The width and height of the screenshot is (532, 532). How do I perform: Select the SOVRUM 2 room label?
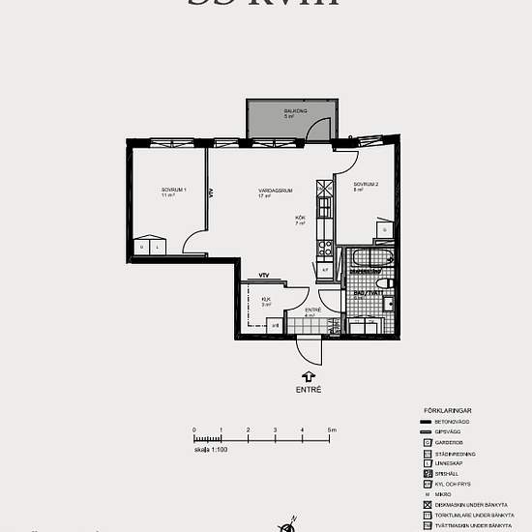coord(365,186)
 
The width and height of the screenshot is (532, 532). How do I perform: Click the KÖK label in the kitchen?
coord(300,220)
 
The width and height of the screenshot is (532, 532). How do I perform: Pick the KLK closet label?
coord(266,301)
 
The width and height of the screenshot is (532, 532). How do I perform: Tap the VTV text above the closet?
coord(263,277)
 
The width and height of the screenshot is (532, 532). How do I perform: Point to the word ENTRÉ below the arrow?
coord(309,390)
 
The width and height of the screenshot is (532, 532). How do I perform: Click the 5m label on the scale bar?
coord(331,429)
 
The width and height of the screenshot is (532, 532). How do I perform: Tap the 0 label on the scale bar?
coord(194,429)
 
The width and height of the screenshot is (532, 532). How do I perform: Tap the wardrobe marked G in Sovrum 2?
coord(385,230)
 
